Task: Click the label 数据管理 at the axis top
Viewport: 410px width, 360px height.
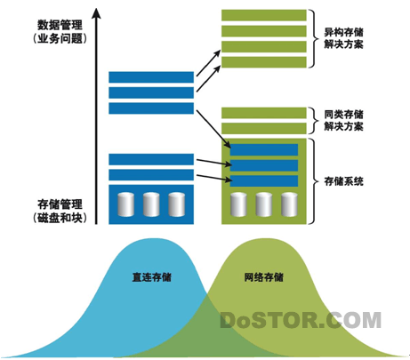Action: [60, 25]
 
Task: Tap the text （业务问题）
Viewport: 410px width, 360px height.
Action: [60, 38]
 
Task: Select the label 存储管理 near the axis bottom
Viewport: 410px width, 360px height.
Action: [60, 204]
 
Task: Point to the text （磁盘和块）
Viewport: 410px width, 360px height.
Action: [60, 218]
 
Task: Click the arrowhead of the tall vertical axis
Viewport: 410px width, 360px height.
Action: [96, 13]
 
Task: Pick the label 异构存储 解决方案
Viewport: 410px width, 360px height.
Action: [343, 38]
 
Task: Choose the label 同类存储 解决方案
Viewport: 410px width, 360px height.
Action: [343, 121]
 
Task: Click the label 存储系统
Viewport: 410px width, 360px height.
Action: [343, 181]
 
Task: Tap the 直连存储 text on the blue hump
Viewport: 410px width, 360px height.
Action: [152, 277]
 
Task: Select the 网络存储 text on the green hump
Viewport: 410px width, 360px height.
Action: [264, 277]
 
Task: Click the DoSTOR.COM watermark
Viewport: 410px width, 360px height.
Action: [301, 320]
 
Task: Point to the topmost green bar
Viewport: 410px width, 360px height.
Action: [264, 15]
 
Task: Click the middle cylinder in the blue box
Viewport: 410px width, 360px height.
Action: [151, 204]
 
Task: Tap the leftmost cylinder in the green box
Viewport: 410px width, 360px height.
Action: [238, 204]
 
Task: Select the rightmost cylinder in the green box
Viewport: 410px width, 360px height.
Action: [289, 204]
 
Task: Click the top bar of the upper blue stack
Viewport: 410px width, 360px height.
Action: [151, 77]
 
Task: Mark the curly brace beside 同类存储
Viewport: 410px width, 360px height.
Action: [314, 121]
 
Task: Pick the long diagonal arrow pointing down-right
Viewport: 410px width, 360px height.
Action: [213, 129]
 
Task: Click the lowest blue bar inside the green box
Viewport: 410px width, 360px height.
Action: [264, 181]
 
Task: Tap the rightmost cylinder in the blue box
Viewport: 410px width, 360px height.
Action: [177, 204]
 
